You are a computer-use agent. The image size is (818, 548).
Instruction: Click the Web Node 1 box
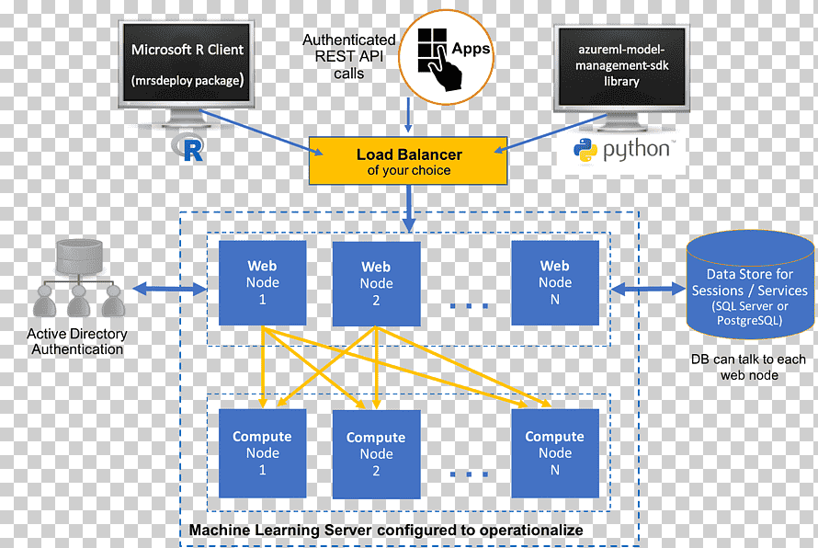pyautogui.click(x=263, y=283)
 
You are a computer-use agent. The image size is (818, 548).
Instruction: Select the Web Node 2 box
pyautogui.click(x=376, y=283)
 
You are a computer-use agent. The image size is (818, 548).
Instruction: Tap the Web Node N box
pyautogui.click(x=555, y=283)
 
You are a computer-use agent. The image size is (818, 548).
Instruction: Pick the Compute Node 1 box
pyautogui.click(x=263, y=453)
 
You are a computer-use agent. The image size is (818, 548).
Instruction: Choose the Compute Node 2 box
pyautogui.click(x=376, y=454)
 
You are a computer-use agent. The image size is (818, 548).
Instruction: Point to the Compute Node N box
pyautogui.click(x=555, y=453)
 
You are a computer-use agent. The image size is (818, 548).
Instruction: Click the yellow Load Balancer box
pyautogui.click(x=408, y=161)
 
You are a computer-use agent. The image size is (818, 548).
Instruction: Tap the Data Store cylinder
pyautogui.click(x=750, y=285)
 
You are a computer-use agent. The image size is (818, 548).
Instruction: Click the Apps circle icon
pyautogui.click(x=446, y=57)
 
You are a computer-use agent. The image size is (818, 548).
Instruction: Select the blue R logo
pyautogui.click(x=187, y=148)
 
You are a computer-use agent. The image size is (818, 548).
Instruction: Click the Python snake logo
pyautogui.click(x=585, y=152)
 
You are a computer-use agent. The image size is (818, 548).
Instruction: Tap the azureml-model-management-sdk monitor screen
pyautogui.click(x=621, y=66)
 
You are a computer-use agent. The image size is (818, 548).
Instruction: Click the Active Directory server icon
pyautogui.click(x=78, y=278)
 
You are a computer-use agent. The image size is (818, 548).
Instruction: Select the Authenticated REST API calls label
pyautogui.click(x=348, y=56)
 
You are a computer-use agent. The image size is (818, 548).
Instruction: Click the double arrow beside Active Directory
pyautogui.click(x=170, y=289)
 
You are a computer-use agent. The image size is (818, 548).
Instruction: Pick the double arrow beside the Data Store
pyautogui.click(x=647, y=289)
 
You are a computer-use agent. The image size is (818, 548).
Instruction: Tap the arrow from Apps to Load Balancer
pyautogui.click(x=408, y=115)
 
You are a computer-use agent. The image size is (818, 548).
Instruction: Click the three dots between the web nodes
pyautogui.click(x=469, y=306)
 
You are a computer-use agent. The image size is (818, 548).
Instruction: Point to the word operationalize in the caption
pyautogui.click(x=531, y=531)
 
